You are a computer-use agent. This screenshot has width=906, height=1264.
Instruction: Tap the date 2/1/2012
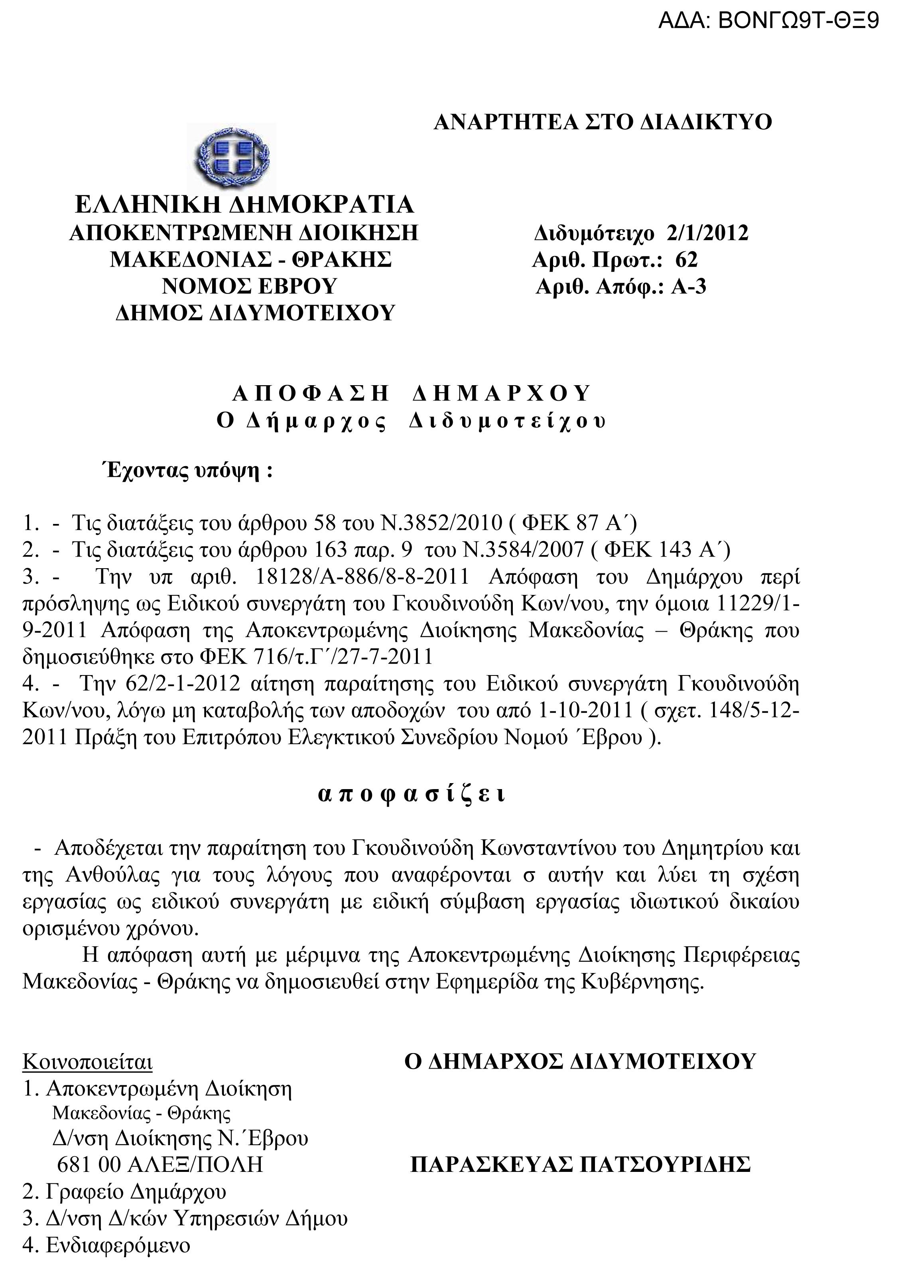coord(707,232)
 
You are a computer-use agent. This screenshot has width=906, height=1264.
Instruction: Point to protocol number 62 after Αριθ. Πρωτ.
coord(686,260)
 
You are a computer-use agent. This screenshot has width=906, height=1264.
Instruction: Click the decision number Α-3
coord(689,286)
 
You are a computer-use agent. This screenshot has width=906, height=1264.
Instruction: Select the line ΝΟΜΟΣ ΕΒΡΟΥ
coord(250,286)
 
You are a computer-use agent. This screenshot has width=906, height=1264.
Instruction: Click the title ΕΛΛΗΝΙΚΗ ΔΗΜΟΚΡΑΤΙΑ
coord(244,205)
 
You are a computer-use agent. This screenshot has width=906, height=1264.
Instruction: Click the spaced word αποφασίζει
coord(412,795)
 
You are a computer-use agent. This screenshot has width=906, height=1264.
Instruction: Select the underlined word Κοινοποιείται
coord(87,1062)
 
